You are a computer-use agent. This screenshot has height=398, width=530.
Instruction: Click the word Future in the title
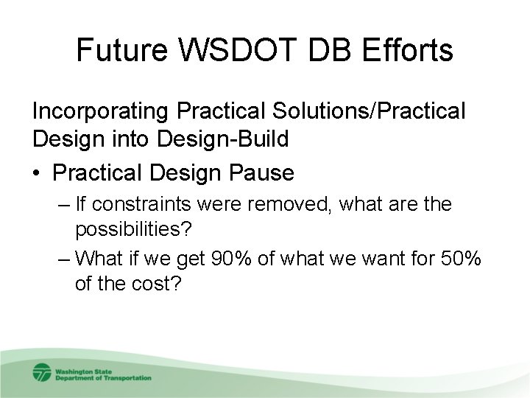click(x=121, y=51)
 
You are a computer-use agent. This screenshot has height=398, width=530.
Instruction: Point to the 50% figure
click(x=458, y=259)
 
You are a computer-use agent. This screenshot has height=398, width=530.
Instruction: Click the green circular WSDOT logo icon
click(x=41, y=373)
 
